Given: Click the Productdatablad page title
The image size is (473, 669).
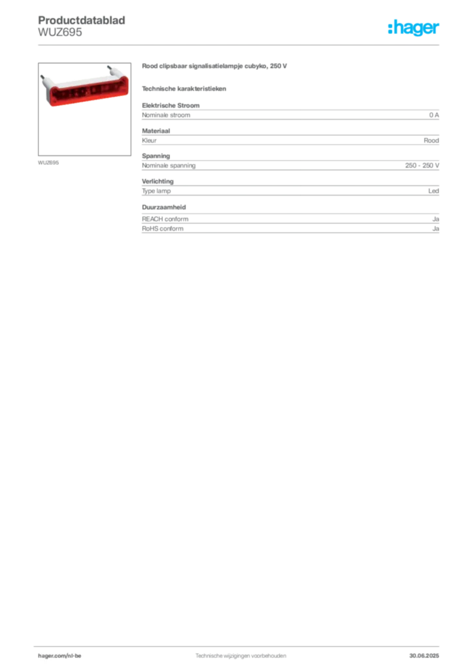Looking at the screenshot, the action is [x=82, y=20].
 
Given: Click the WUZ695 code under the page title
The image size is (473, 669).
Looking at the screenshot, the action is [x=59, y=32].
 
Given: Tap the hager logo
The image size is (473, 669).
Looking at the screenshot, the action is [x=414, y=28].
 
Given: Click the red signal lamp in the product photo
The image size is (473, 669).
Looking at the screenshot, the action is [x=88, y=90].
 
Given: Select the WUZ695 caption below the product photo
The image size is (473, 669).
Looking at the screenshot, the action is [x=48, y=163].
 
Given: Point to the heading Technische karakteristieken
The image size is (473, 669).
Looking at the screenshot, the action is [x=184, y=89].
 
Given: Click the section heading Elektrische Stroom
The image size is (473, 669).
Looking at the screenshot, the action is [x=171, y=105].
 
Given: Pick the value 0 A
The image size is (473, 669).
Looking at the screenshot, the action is [x=434, y=115].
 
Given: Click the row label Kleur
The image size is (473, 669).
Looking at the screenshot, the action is [x=149, y=140].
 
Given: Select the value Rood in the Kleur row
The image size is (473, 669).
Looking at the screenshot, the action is [x=431, y=140].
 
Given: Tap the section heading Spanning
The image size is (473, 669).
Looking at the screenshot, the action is [x=155, y=156].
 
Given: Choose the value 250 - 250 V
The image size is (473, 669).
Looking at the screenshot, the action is [x=422, y=165].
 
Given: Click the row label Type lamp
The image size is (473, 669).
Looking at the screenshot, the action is [x=156, y=191].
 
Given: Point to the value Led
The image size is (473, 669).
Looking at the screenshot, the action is [x=433, y=191].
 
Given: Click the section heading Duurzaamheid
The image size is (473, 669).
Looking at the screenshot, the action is [x=164, y=207].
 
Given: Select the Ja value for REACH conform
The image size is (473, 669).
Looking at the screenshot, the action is [x=436, y=219].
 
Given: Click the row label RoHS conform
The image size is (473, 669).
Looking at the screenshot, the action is [x=163, y=229].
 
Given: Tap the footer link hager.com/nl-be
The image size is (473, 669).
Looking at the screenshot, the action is [x=59, y=656].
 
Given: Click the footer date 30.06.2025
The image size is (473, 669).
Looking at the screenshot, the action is [x=424, y=656].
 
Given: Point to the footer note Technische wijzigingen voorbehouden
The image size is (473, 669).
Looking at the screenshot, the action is [x=240, y=656].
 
